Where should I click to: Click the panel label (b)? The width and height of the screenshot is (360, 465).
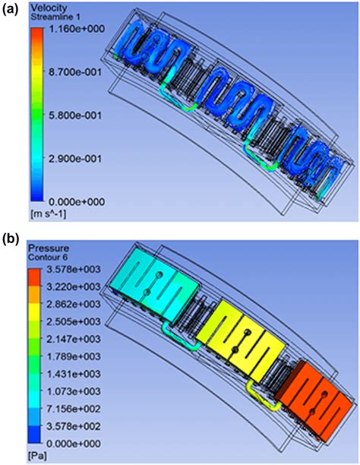[x=11, y=239]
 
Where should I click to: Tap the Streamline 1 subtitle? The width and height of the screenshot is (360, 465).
[x=55, y=17]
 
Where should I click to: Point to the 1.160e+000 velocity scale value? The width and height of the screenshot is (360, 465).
[x=77, y=29]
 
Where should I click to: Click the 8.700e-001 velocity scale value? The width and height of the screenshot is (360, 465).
[x=75, y=72]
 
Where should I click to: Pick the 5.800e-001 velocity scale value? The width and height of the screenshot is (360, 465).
[x=75, y=115]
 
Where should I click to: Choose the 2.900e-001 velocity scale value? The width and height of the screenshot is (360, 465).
[x=75, y=158]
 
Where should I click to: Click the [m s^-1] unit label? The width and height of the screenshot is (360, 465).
[x=49, y=214]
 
